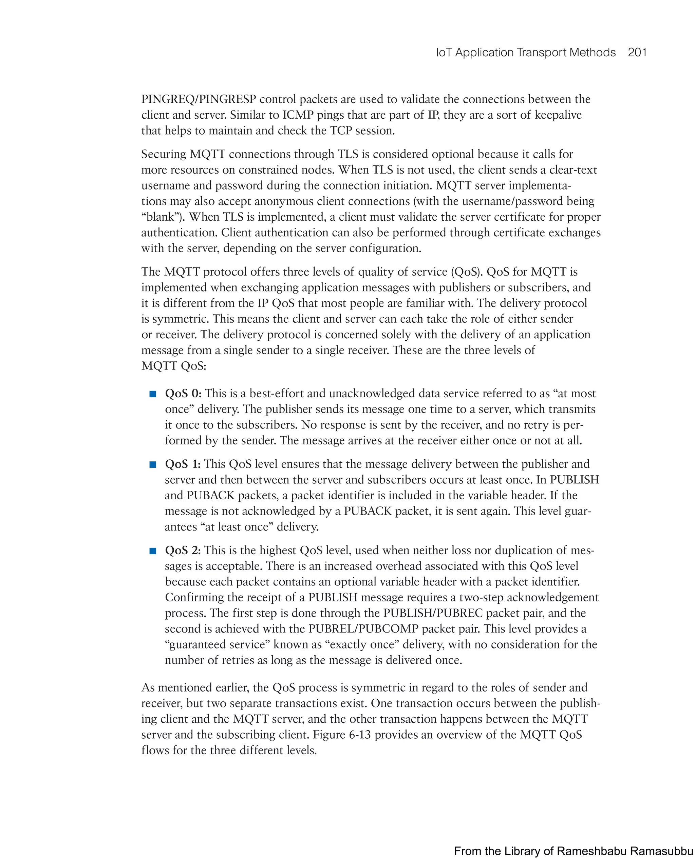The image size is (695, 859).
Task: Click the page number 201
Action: point(637,53)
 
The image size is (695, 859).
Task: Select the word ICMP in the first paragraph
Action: point(298,115)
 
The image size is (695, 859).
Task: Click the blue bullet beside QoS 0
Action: point(152,394)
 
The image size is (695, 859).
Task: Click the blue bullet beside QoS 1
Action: point(152,464)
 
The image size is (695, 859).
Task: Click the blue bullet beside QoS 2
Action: point(152,551)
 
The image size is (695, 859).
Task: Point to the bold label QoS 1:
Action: point(183,464)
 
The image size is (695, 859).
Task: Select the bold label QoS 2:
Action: point(183,550)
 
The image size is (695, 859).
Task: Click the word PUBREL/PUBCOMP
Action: point(363,628)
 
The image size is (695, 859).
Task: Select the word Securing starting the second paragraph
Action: point(164,154)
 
